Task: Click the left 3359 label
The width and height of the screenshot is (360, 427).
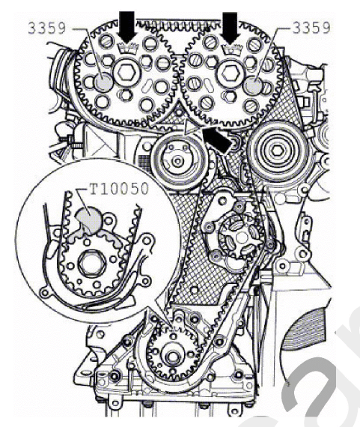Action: coord(47,28)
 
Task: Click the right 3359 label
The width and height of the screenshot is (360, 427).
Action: coord(311,28)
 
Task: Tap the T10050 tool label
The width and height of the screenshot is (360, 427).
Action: coord(119,189)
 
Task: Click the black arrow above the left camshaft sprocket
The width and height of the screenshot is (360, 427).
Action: coord(127,28)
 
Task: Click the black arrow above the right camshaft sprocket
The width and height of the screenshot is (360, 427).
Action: coord(231,28)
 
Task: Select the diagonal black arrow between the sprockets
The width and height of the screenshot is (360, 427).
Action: coord(217,139)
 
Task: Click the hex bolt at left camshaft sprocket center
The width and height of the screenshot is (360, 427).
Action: coord(126,72)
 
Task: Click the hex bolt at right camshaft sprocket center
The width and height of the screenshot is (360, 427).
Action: coord(231,73)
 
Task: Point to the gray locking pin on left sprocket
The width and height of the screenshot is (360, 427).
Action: coord(104,82)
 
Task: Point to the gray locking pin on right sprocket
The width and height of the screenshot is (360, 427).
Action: coord(253,85)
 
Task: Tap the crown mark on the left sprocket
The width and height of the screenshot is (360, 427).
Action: coord(128,49)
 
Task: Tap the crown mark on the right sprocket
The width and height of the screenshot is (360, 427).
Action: coord(232,49)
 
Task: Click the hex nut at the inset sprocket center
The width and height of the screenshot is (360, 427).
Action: coord(91,264)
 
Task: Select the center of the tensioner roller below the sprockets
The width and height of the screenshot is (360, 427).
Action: coord(177,161)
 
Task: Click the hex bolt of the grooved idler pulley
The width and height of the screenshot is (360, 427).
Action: coord(276,151)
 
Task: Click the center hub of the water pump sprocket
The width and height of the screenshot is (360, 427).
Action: coord(240,237)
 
